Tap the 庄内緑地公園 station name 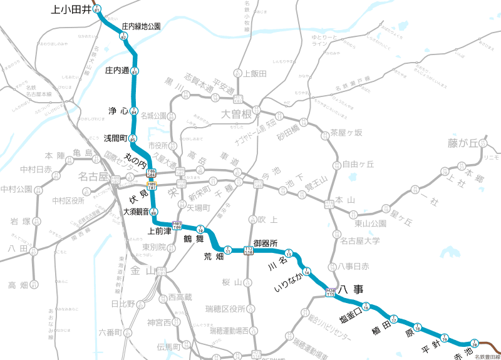point(141,26)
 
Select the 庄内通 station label point(117,70)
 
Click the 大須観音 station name point(137,212)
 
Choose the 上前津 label point(159,230)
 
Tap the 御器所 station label point(266,243)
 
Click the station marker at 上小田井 point(96,8)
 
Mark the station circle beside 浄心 point(133,111)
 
